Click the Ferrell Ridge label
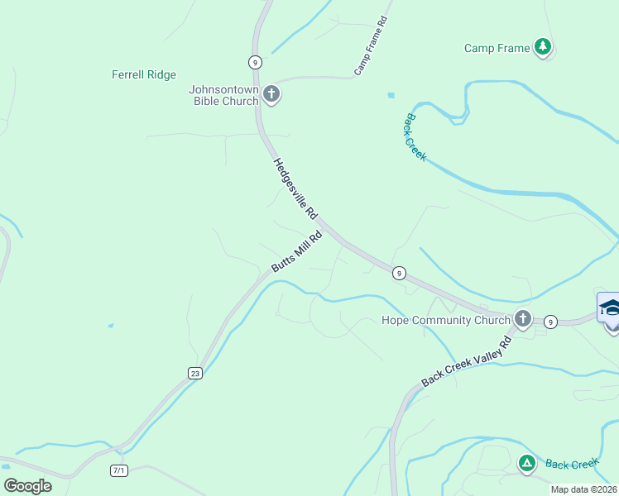click(x=144, y=75)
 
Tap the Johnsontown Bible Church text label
click(x=223, y=96)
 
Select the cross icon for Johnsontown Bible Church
click(x=271, y=94)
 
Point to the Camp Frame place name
click(x=497, y=48)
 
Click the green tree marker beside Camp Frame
click(x=543, y=47)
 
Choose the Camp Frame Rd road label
click(x=371, y=46)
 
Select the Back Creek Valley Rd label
click(x=467, y=361)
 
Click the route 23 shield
click(x=194, y=373)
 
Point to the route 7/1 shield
click(x=119, y=470)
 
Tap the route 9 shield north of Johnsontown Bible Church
click(x=255, y=61)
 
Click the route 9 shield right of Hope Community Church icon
click(x=551, y=321)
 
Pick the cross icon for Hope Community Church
click(x=522, y=318)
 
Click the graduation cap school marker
click(x=610, y=308)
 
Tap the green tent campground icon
click(x=526, y=463)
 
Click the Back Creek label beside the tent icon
click(x=571, y=464)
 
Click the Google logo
click(x=27, y=486)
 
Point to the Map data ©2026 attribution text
click(x=583, y=489)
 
